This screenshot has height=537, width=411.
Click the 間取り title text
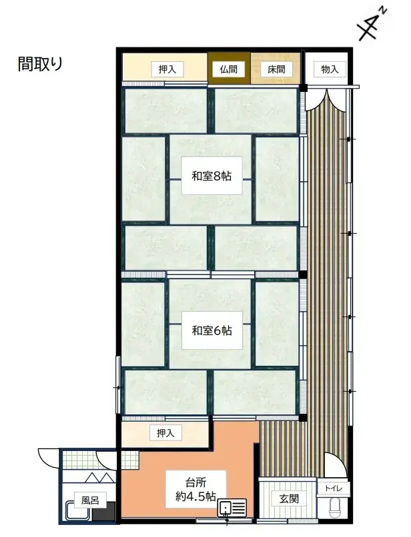tap(40, 65)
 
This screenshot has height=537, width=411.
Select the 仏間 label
tap(229, 69)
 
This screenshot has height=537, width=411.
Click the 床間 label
tap(275, 69)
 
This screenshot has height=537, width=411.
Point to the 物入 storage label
tap(330, 69)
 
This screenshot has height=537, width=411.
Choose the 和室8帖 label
tap(212, 177)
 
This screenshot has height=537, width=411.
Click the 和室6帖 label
tap(212, 330)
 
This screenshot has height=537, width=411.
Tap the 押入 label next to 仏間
tap(167, 69)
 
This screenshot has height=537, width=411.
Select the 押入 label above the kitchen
tap(165, 434)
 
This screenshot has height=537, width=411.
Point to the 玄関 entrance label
tap(288, 498)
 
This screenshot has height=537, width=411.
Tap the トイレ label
tap(332, 488)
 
